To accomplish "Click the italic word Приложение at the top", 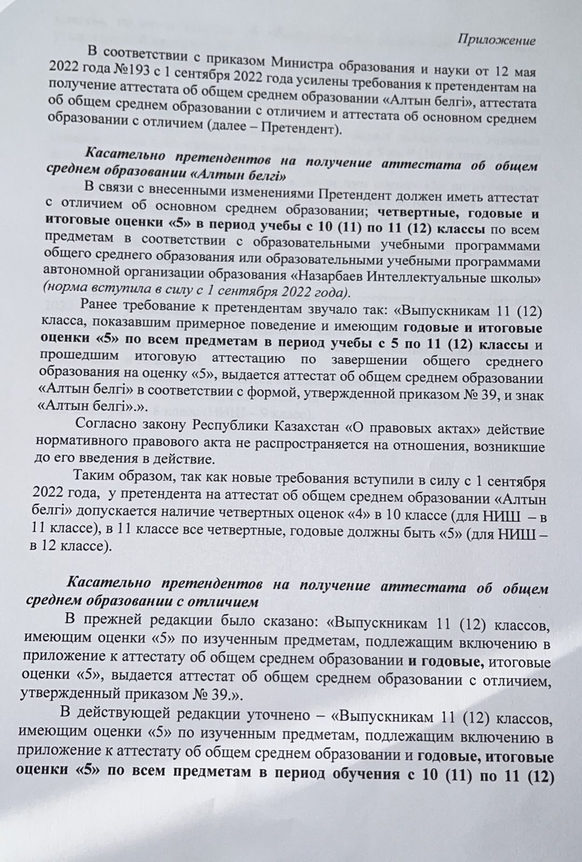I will coord(497,41).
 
